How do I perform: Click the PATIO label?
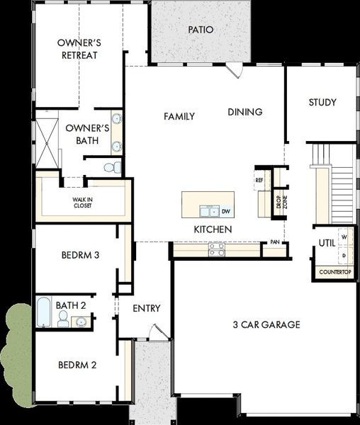pyautogui.click(x=201, y=30)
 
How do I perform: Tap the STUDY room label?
pyautogui.click(x=322, y=102)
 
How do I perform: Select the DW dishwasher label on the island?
pyautogui.click(x=226, y=211)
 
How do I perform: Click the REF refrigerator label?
pyautogui.click(x=259, y=180)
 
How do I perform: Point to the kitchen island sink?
pyautogui.click(x=209, y=211)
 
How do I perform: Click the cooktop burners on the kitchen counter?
pyautogui.click(x=217, y=249)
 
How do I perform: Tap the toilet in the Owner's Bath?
pyautogui.click(x=113, y=167)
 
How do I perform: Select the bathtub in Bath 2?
pyautogui.click(x=43, y=312)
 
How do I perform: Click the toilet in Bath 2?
pyautogui.click(x=62, y=319)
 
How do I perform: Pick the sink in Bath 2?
pyautogui.click(x=81, y=322)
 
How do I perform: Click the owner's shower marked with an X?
pyautogui.click(x=47, y=143)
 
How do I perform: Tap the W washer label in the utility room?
pyautogui.click(x=344, y=237)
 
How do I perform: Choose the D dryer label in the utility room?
pyautogui.click(x=344, y=255)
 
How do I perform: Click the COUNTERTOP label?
pyautogui.click(x=335, y=272)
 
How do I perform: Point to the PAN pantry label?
pyautogui.click(x=275, y=242)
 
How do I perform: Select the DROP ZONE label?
pyautogui.click(x=281, y=202)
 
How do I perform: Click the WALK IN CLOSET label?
pyautogui.click(x=82, y=203)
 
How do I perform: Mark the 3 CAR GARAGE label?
pyautogui.click(x=266, y=324)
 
